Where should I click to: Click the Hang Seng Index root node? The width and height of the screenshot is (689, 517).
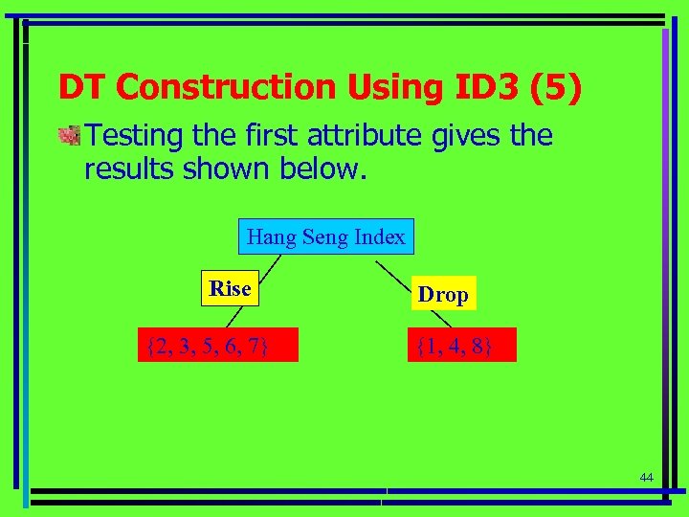[325, 236]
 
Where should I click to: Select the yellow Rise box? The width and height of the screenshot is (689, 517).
[230, 289]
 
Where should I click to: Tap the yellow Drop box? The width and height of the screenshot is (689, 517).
[443, 295]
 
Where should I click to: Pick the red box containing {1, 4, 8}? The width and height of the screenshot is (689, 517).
[455, 345]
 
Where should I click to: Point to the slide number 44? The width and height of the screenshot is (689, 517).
[646, 478]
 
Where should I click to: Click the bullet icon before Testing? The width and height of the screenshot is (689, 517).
[68, 136]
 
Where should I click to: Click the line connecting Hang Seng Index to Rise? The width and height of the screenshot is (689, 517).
[271, 265]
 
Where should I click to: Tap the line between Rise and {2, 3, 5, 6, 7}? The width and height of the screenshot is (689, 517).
[246, 317]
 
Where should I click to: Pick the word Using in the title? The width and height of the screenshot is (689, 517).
[380, 88]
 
